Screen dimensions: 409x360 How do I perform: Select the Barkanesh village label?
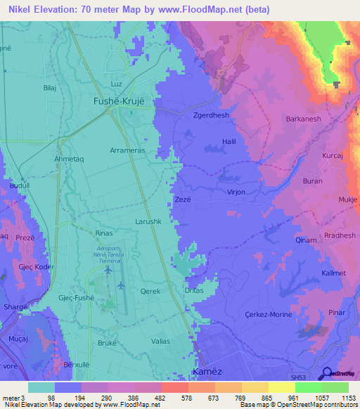pos(303,119)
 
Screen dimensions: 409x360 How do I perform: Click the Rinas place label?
pos(103,232)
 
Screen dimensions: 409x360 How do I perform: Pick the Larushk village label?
pos(149,221)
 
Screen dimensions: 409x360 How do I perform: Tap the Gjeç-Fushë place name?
pos(77,298)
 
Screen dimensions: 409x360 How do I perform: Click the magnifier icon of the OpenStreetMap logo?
pos(326,372)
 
